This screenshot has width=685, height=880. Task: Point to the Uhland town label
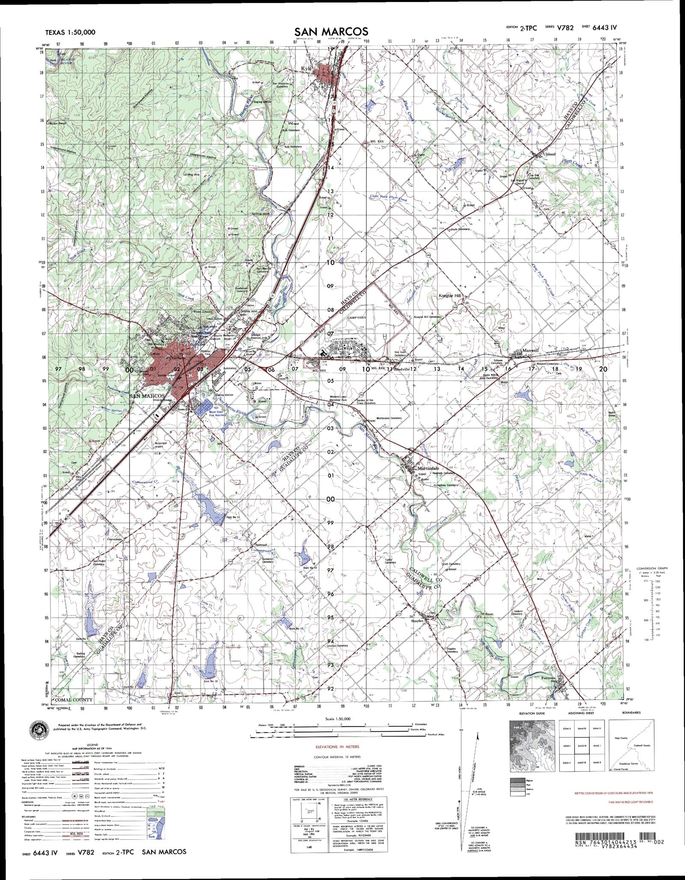pos(548,154)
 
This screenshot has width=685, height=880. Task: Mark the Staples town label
pos(417,620)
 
